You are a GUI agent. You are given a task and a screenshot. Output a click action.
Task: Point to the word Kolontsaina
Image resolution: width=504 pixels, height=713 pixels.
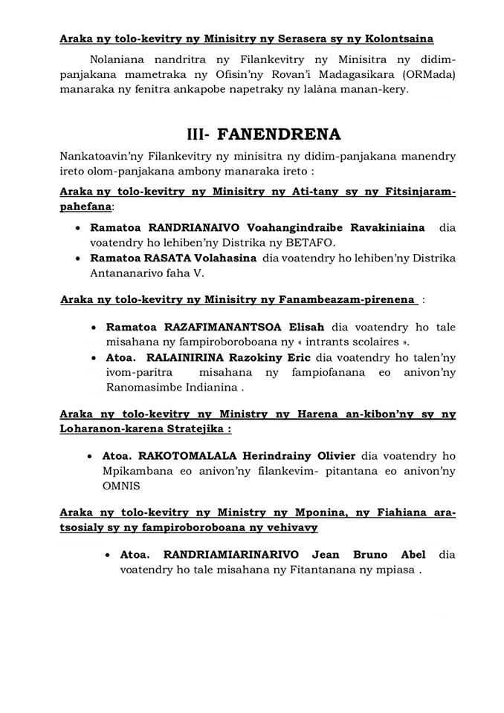click(398, 38)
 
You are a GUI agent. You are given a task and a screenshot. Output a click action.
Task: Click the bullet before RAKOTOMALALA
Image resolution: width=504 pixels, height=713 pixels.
click(91, 455)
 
